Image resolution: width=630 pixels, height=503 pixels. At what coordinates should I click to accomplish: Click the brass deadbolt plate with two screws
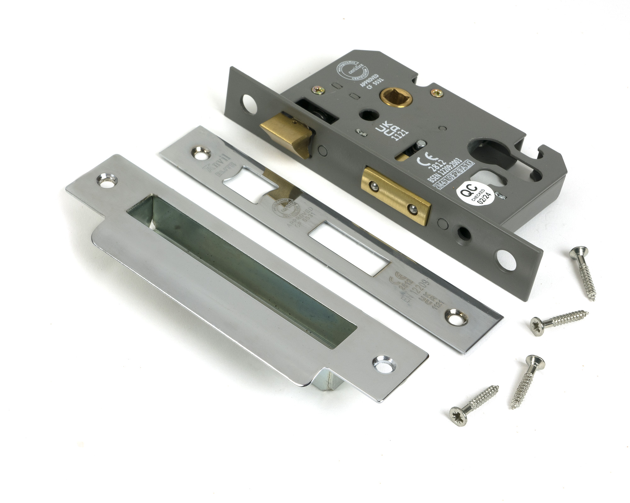coord(396,196)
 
